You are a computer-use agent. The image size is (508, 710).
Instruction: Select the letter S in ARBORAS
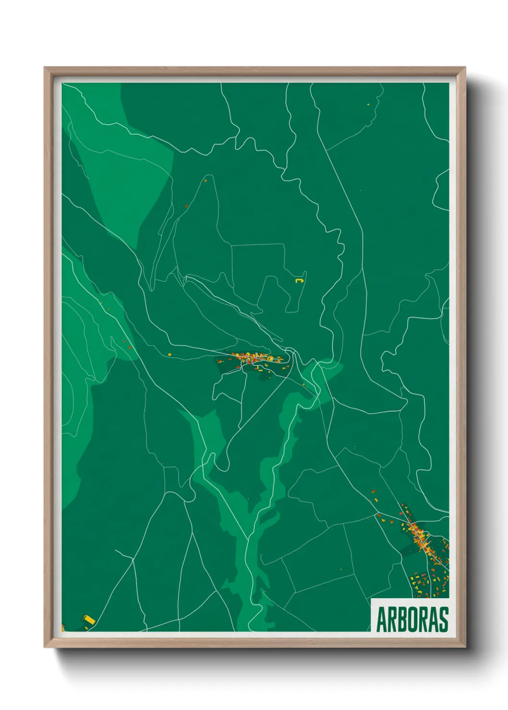(443, 620)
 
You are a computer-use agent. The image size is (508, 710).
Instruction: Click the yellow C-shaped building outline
(300, 279)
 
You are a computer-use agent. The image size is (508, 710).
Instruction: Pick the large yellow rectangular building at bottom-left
(89, 620)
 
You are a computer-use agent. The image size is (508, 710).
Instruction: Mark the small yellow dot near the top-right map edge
(368, 104)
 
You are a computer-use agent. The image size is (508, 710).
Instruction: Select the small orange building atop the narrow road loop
(206, 181)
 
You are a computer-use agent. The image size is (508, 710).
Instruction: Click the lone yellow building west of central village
(169, 355)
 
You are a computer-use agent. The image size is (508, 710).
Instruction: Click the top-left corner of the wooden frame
(45, 68)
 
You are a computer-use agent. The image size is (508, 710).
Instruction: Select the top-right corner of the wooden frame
(464, 68)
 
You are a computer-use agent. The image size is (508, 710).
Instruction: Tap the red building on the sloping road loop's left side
(186, 206)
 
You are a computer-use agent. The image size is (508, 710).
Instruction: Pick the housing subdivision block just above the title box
(429, 583)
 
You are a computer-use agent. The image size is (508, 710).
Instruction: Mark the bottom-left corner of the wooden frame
(45, 647)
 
